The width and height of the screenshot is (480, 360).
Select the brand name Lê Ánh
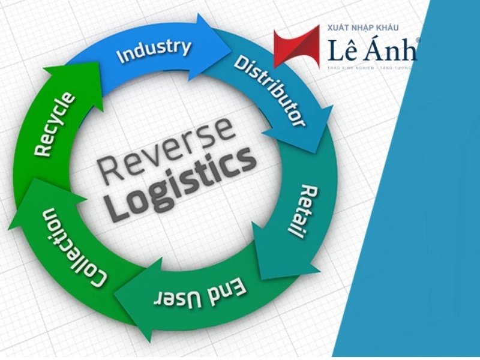(x=372, y=51)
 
